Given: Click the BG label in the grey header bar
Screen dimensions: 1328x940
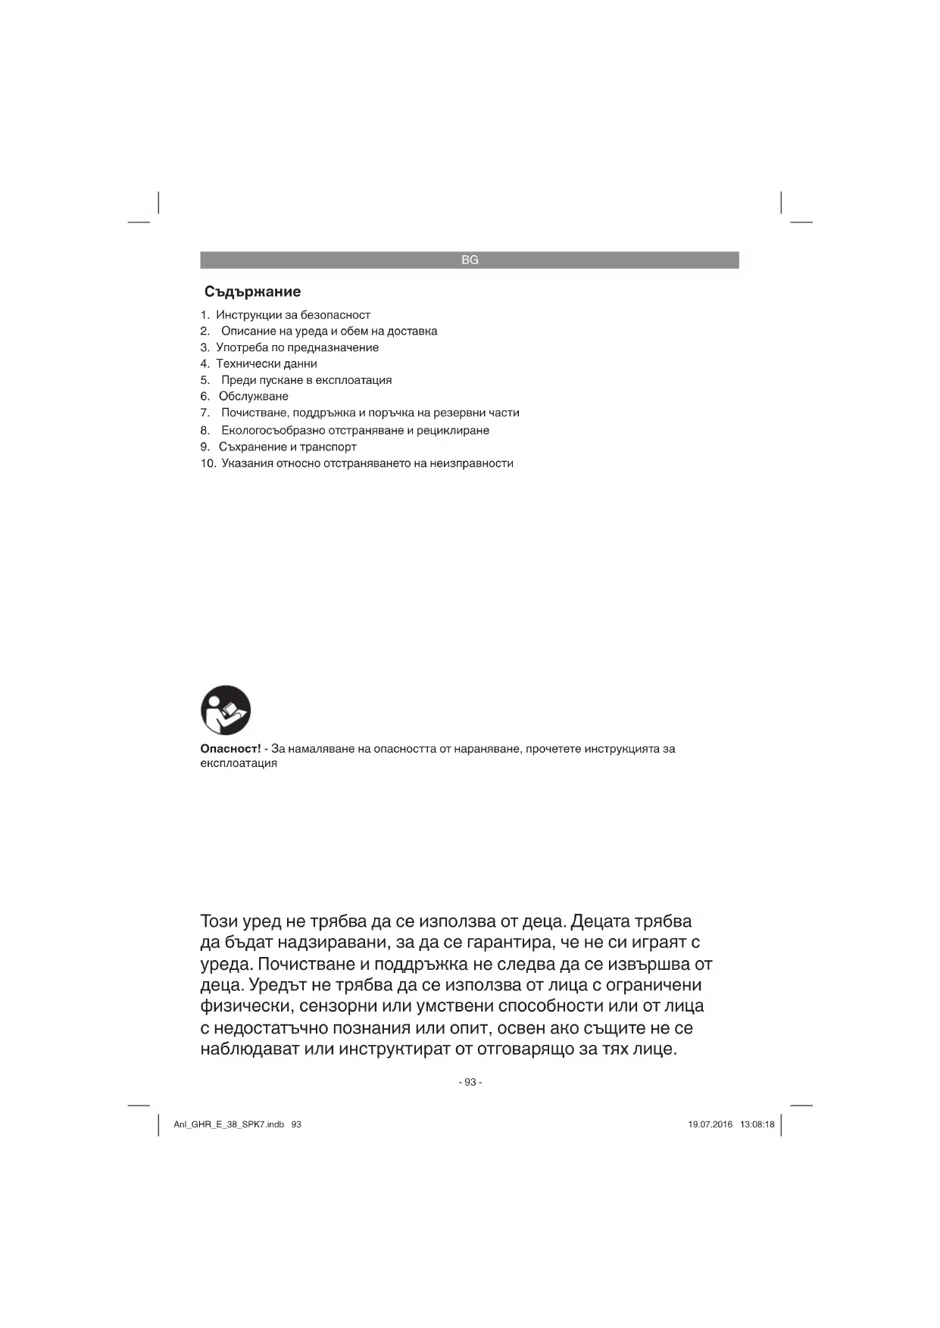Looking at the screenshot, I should click(470, 260).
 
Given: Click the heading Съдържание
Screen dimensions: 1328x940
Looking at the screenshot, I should click(252, 291).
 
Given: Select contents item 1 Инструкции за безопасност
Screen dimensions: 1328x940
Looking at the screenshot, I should click(292, 315).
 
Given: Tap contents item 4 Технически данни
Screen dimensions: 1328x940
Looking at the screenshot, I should click(266, 363).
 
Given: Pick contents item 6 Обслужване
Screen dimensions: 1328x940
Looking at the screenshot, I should click(253, 396).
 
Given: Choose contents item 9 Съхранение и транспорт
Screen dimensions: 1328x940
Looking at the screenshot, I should click(287, 447).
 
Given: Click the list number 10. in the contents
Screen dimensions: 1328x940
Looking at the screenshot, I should click(208, 463).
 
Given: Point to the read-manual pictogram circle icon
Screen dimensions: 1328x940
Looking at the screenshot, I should click(226, 710).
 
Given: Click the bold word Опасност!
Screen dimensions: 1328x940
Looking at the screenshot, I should click(230, 749).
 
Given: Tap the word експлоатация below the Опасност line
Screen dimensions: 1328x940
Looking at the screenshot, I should click(239, 763).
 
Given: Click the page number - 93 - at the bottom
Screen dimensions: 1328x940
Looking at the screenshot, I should click(470, 1082).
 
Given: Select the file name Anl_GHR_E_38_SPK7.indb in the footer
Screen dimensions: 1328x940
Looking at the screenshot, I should click(229, 1124).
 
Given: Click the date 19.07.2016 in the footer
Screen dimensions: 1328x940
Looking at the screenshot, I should click(710, 1124).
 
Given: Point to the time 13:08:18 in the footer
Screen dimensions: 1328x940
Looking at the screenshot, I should click(757, 1124).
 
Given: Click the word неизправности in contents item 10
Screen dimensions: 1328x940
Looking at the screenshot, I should click(471, 463).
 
